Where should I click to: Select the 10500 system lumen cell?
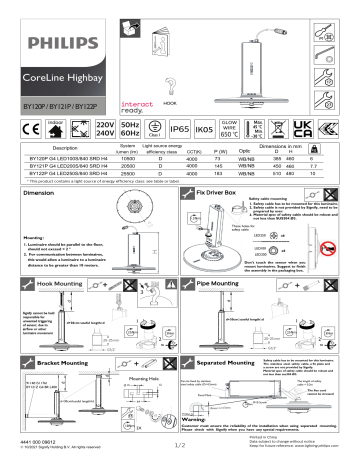(127, 158)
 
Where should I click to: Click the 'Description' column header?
(65, 148)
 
